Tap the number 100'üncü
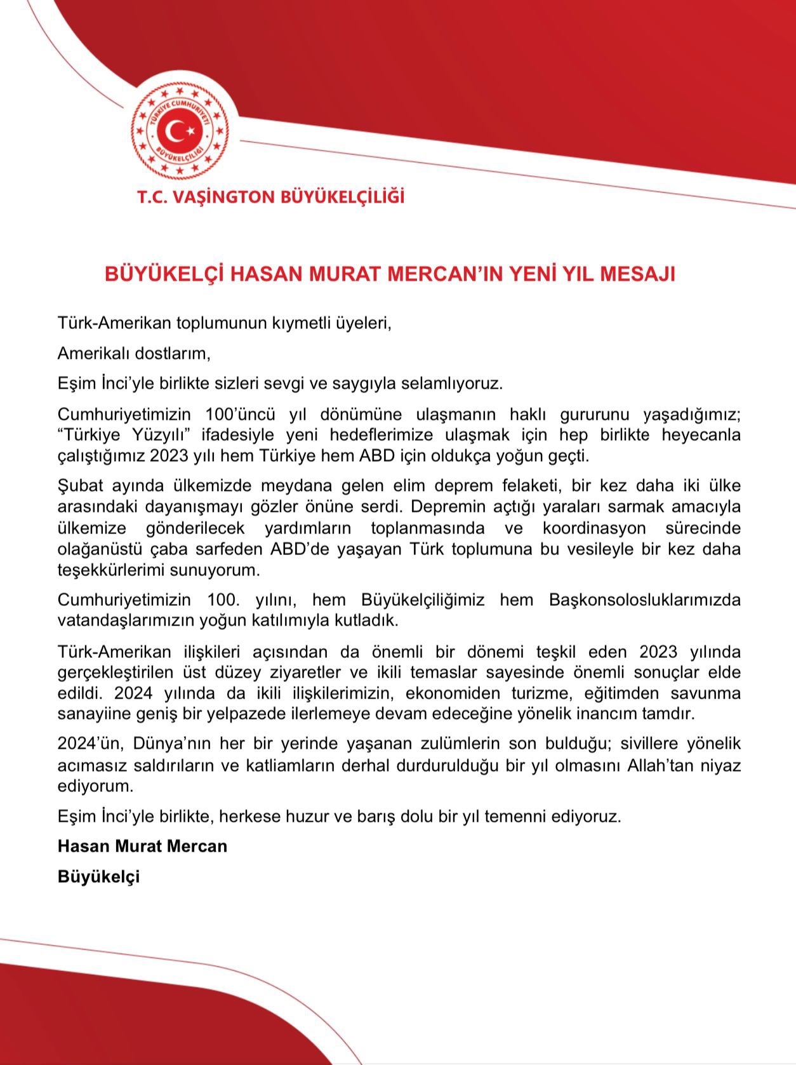(240, 415)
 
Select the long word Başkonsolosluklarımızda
(644, 600)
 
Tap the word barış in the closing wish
(375, 816)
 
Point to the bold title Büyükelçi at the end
(98, 876)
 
